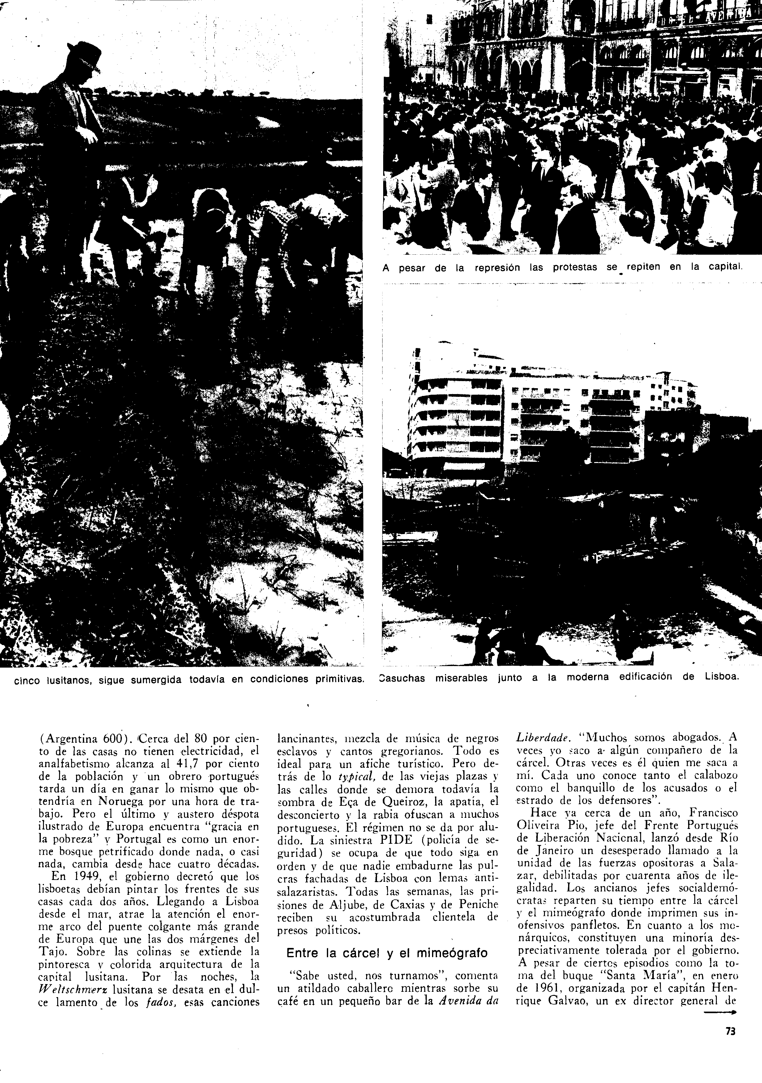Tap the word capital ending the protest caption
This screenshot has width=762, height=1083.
click(721, 268)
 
